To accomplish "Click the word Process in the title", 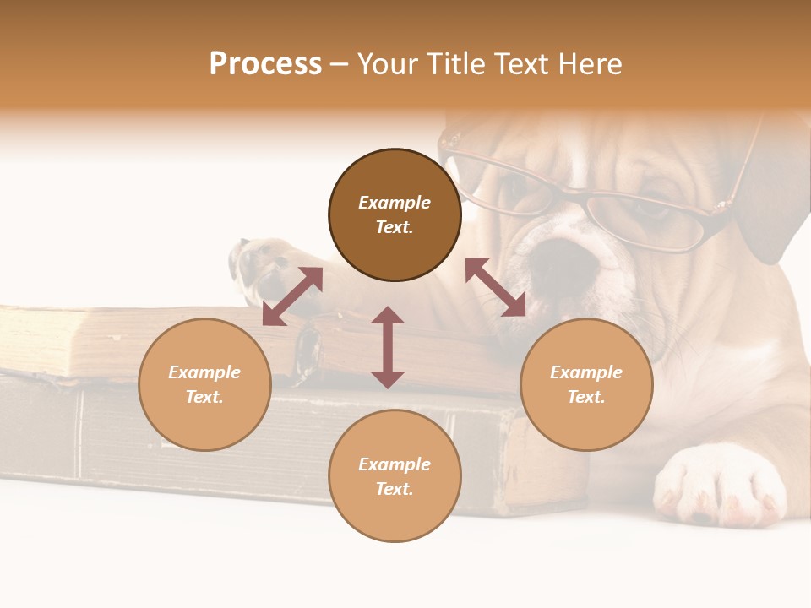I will point(265,64).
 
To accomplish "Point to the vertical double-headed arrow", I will point(388,347).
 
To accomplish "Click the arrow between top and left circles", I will point(292,296).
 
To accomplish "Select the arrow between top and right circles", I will point(496,287).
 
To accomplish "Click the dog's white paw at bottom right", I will point(722,486).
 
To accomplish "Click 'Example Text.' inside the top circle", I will point(395,214).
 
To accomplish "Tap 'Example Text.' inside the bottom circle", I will point(395,476).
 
